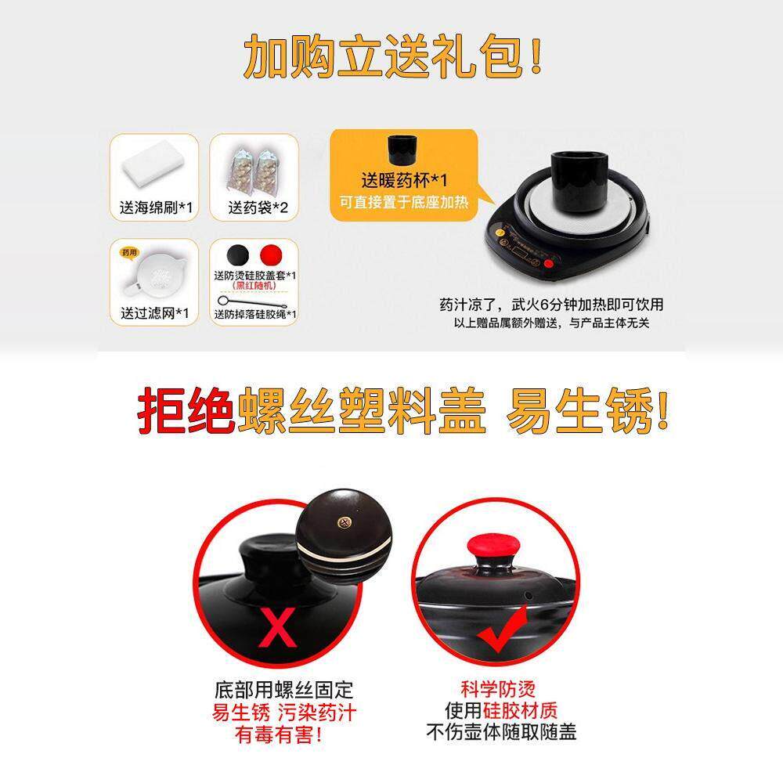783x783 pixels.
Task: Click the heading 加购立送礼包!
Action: [x=393, y=56]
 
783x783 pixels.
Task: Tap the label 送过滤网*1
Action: [x=154, y=313]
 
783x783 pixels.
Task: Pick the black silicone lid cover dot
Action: [x=237, y=255]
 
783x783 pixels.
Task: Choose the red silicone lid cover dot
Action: [x=271, y=255]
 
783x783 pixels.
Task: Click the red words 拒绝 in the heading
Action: [x=185, y=413]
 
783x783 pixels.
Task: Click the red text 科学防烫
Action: [x=498, y=690]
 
